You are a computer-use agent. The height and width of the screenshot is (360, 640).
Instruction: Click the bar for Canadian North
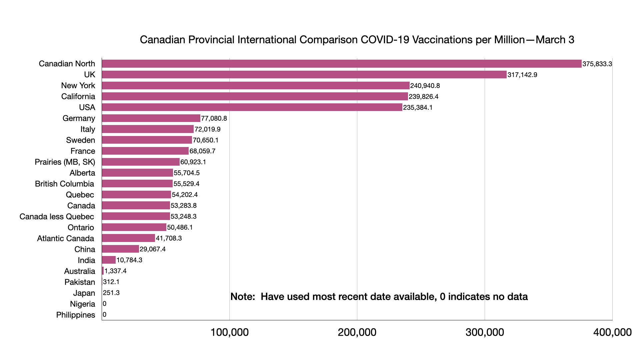[x=341, y=64]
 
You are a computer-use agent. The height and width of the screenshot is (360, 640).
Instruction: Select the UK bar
[x=304, y=75]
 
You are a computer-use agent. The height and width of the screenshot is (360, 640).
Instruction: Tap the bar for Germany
[x=151, y=118]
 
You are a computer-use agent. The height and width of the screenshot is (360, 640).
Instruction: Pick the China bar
[x=120, y=249]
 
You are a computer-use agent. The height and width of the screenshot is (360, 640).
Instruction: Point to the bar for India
[x=109, y=260]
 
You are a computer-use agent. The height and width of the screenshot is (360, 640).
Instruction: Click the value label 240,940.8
[x=425, y=86]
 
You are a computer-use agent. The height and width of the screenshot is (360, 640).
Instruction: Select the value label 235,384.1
[x=418, y=108]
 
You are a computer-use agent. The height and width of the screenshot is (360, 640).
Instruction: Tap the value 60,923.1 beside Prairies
[x=193, y=162]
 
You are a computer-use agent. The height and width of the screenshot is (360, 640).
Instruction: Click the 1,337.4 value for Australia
[x=115, y=271]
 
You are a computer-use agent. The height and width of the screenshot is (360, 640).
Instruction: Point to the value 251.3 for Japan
[x=111, y=293]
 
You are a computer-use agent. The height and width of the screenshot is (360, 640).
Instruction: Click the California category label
[x=78, y=97]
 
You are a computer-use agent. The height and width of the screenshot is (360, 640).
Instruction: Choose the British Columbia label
[x=64, y=184]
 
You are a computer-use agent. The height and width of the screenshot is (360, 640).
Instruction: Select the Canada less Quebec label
[x=57, y=217]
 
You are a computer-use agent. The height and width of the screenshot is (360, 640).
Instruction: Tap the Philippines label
[x=75, y=315]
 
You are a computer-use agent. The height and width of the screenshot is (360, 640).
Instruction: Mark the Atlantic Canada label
[x=65, y=239]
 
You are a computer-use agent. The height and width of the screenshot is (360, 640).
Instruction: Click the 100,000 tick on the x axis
[x=229, y=332]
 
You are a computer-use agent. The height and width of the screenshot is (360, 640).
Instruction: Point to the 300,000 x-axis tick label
[x=485, y=332]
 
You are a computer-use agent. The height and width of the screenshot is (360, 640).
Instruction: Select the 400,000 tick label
[x=612, y=332]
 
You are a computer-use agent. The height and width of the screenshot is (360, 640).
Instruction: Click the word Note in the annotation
[x=242, y=297]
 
